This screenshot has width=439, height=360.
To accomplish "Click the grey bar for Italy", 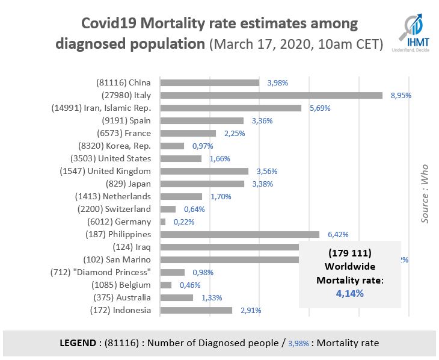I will [271, 95].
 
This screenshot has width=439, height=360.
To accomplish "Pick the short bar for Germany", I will [163, 222].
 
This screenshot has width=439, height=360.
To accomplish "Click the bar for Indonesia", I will [196, 310].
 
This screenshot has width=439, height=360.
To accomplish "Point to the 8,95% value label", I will [399, 95].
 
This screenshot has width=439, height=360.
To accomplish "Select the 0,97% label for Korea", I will [202, 146].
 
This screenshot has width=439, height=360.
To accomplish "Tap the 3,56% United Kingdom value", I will [265, 171].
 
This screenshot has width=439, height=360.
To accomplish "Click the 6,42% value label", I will [337, 235].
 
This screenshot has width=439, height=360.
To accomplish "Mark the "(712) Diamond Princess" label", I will [100, 272].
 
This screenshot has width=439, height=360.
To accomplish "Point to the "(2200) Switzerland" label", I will [114, 209].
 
